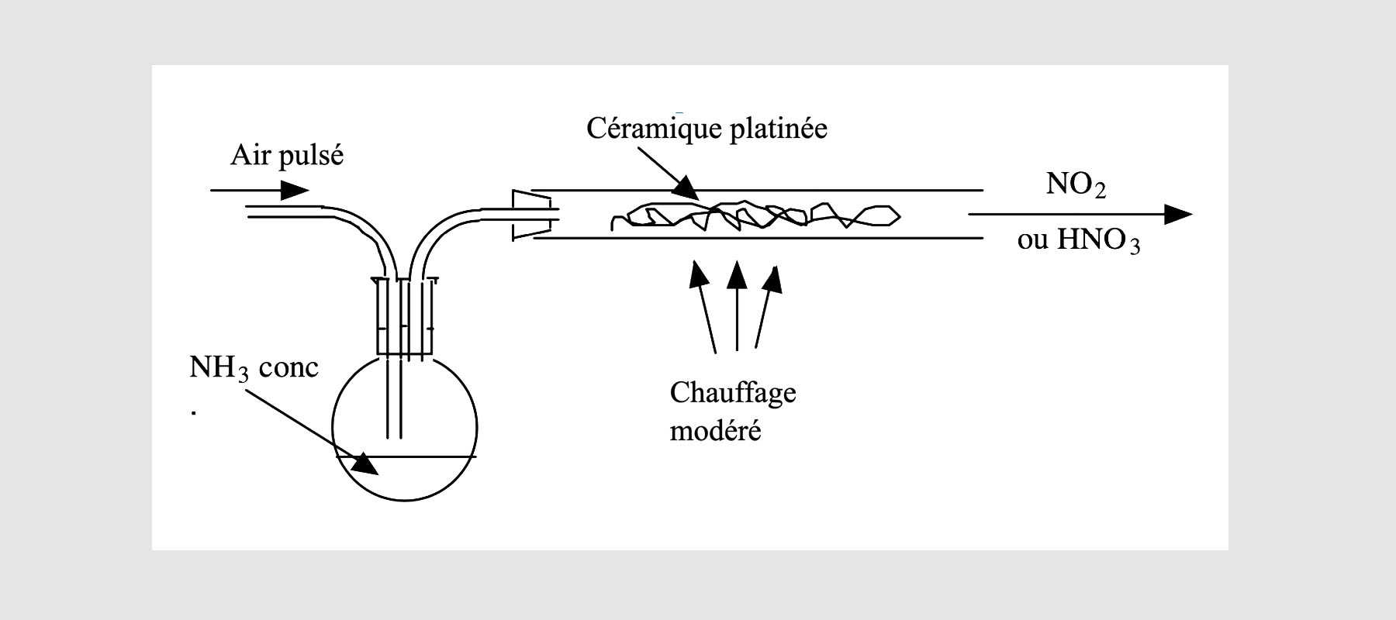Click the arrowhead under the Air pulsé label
294,190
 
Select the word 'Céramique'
652,128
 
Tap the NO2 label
1076,185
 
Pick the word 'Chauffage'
733,393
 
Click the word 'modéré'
715,430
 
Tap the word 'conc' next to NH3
289,367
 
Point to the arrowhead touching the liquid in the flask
363,463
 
